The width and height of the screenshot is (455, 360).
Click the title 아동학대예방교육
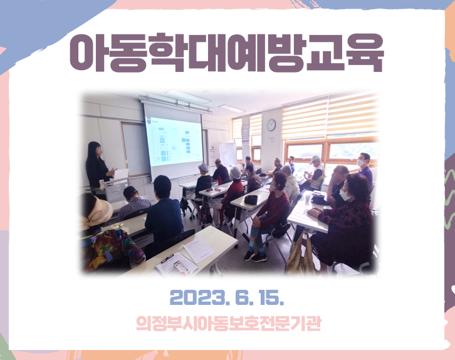pyautogui.click(x=227, y=53)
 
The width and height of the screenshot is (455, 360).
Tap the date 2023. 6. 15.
pyautogui.click(x=227, y=297)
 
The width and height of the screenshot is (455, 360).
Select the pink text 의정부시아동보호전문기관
pyautogui.click(x=229, y=323)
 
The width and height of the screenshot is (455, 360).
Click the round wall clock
pyautogui.click(x=271, y=125)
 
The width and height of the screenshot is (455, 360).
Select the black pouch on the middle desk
pyautogui.click(x=251, y=200)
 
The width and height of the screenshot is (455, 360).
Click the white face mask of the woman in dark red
pyautogui.click(x=344, y=195)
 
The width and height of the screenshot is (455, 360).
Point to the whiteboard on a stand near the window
pyautogui.click(x=227, y=154)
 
